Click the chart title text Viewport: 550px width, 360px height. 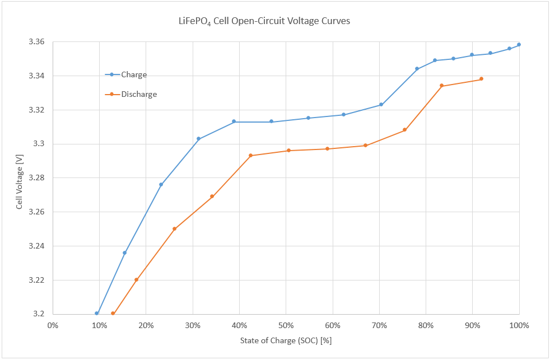(263, 22)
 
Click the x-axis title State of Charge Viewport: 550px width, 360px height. (286, 340)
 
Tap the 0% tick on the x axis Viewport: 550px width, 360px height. (53, 325)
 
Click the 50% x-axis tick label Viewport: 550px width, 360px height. (286, 325)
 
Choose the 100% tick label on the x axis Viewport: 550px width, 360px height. (519, 325)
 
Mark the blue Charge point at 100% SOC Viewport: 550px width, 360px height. (519, 44)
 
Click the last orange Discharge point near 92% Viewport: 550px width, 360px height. (481, 79)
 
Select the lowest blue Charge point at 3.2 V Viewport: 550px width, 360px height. (97, 313)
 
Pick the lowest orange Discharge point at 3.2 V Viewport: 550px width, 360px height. (113, 313)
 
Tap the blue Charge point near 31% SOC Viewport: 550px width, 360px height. (198, 138)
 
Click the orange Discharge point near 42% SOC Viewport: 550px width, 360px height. (250, 155)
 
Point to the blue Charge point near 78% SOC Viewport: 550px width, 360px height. (417, 68)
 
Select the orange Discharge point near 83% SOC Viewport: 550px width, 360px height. (441, 85)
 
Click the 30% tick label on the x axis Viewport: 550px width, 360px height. (193, 325)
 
